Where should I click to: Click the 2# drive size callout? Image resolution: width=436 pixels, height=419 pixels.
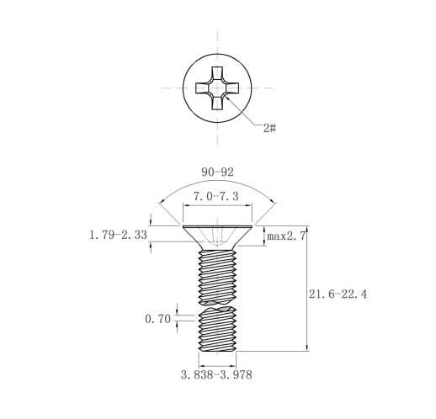pyautogui.click(x=269, y=129)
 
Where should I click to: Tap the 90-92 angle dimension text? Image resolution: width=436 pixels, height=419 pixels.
pyautogui.click(x=217, y=172)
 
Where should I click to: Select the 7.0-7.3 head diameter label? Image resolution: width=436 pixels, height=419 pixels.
pyautogui.click(x=216, y=196)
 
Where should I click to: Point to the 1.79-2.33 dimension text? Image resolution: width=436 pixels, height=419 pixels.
pyautogui.click(x=118, y=235)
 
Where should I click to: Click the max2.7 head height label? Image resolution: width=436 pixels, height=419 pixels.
pyautogui.click(x=286, y=236)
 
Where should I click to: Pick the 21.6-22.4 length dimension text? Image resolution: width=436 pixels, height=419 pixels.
pyautogui.click(x=338, y=294)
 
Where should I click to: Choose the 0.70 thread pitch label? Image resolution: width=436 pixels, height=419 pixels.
pyautogui.click(x=157, y=319)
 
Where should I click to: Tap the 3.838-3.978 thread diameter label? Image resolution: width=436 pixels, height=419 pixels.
pyautogui.click(x=216, y=374)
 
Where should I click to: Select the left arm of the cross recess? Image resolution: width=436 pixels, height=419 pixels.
pyautogui.click(x=203, y=88)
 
